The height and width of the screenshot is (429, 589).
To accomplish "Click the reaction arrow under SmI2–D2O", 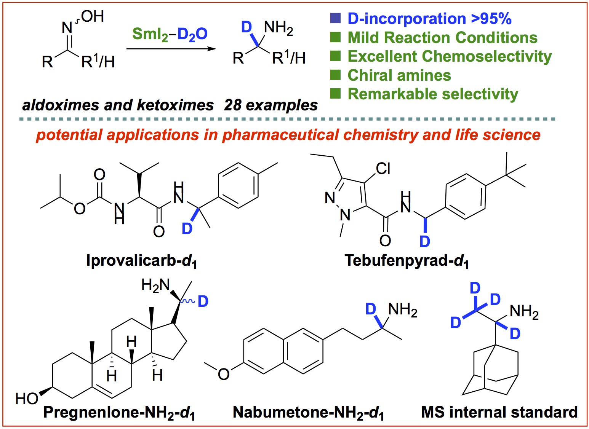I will (171, 49).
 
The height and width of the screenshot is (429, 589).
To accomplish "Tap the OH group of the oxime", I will (92, 16).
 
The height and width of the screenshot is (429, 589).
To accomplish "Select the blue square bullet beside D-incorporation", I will (335, 18).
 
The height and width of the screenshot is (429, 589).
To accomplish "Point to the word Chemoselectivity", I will (487, 56).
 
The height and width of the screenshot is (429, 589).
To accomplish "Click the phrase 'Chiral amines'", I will (399, 75).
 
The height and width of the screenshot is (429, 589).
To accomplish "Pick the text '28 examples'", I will (271, 105).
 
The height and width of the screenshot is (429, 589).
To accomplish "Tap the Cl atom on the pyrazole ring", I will (383, 169).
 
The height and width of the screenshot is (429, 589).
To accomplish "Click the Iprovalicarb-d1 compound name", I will (141, 261).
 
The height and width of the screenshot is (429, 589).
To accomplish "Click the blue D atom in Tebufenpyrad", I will (424, 241).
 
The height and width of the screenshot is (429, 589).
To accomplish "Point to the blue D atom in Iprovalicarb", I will (187, 229).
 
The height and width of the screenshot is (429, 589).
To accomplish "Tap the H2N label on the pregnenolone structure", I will (155, 285).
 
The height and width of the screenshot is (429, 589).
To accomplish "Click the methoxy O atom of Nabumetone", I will (224, 374).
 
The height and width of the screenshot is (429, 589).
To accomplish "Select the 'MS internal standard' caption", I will (499, 412).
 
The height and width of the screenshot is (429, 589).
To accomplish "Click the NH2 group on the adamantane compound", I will (524, 312).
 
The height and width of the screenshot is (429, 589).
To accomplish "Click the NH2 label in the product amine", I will (278, 28).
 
